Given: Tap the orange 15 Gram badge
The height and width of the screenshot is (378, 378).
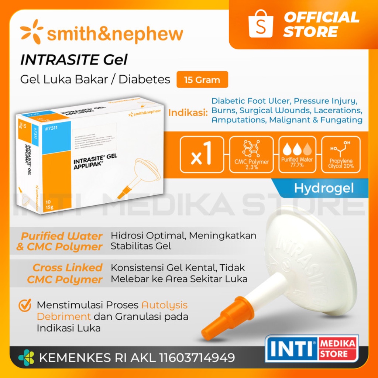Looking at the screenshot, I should [202, 80].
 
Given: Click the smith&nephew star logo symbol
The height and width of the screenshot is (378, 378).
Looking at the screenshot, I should [31, 32].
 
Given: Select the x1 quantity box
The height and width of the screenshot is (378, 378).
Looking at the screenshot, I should [202, 154].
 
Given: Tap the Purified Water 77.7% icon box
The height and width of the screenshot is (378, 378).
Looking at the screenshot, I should [297, 154].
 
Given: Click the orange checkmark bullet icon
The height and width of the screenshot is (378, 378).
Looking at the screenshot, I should [25, 305].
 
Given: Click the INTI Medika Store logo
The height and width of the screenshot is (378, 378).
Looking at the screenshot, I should [312, 348].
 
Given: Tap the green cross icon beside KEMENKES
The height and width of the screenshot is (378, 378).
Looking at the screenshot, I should [27, 357].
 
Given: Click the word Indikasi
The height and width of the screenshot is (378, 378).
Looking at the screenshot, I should [188, 113].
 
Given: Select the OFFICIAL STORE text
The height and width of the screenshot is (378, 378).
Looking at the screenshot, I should [321, 24].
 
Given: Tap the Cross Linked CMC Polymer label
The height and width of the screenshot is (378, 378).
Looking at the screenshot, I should [65, 274].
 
